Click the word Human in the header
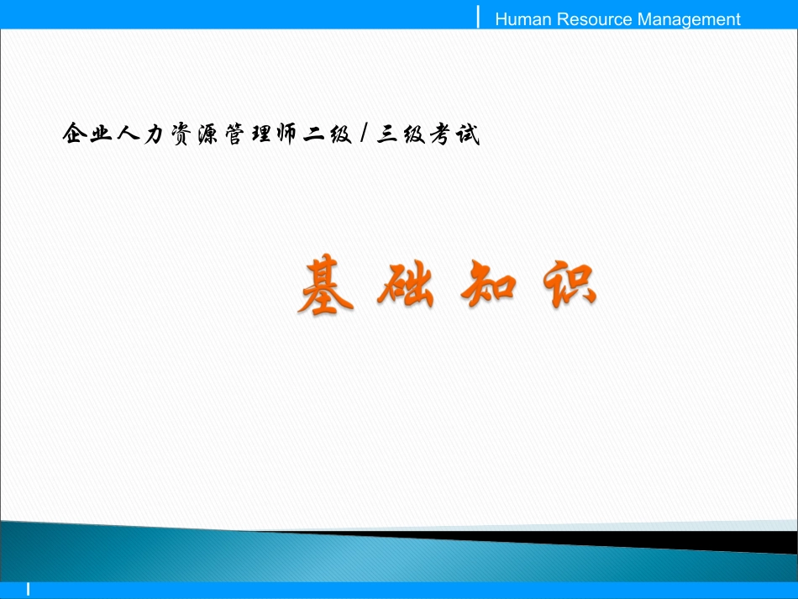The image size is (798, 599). point(519,19)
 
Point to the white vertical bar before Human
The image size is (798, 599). point(479,16)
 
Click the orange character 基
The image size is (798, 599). point(325,286)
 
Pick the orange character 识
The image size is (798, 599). point(568,286)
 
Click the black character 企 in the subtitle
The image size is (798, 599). point(75,134)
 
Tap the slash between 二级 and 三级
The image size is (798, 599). point(362,134)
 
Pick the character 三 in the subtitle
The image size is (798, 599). point(388,134)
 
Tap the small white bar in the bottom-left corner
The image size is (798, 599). point(28,590)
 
